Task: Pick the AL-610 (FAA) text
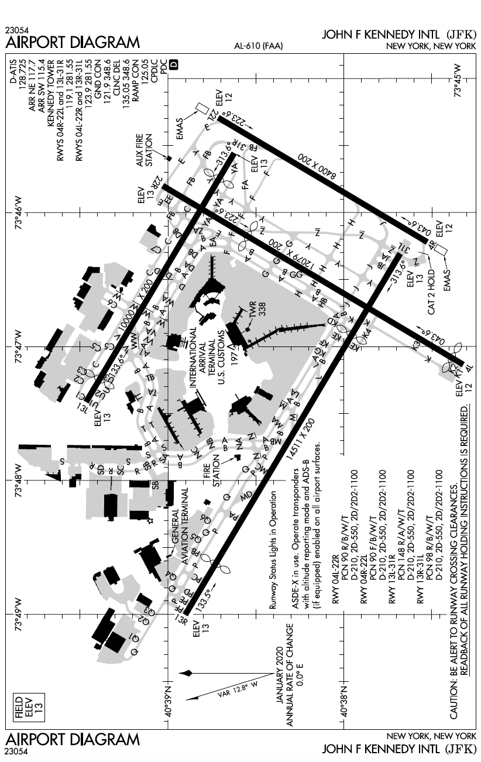(x=257, y=46)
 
